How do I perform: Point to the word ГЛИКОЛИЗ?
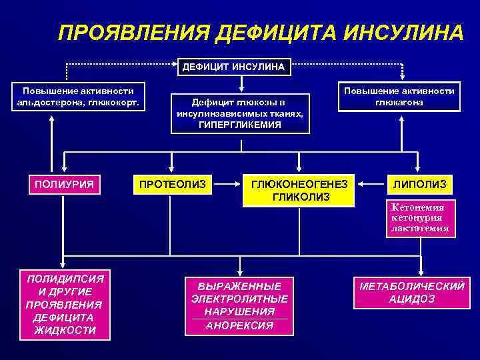301,197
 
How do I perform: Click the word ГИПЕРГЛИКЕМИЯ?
240,125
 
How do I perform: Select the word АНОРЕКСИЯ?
240,325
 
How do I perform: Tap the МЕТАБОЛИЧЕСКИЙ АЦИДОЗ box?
411,292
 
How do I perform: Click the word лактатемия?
420,228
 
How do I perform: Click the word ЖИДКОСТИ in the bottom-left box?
64,331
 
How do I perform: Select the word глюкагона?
399,102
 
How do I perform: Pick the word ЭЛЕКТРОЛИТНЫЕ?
240,299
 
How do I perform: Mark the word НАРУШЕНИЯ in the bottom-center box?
240,311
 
